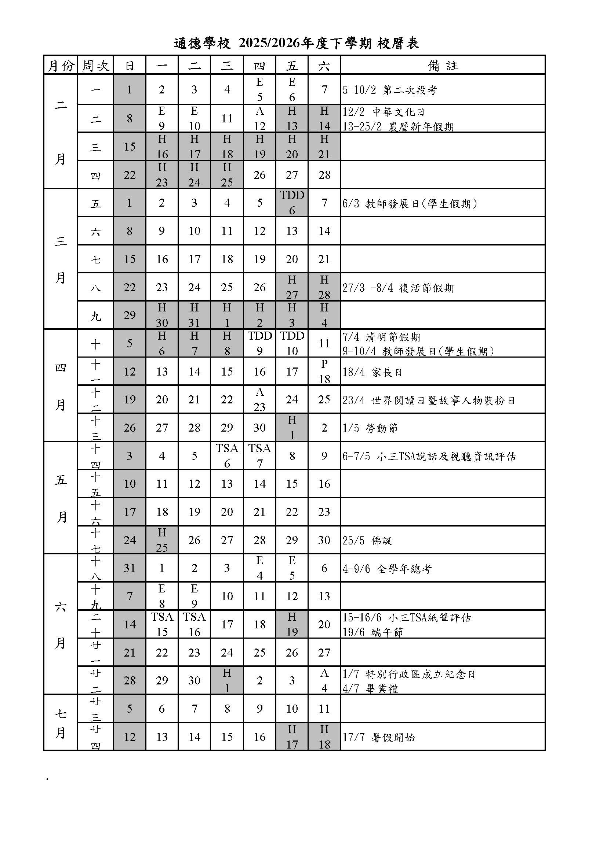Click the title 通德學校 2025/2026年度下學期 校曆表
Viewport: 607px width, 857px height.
pyautogui.click(x=296, y=44)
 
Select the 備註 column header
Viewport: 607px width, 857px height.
pyautogui.click(x=443, y=66)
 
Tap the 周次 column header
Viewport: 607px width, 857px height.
pyautogui.click(x=95, y=66)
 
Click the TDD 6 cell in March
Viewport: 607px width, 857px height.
pyautogui.click(x=292, y=203)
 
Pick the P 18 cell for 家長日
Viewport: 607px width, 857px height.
pyautogui.click(x=324, y=372)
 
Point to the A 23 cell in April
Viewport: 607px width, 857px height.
pyautogui.click(x=259, y=399)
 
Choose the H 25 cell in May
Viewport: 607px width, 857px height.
pyautogui.click(x=162, y=540)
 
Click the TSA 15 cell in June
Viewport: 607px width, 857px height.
pyautogui.click(x=162, y=624)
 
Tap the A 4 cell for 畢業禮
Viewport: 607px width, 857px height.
pyautogui.click(x=324, y=680)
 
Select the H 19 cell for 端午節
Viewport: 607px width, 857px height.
pyautogui.click(x=292, y=624)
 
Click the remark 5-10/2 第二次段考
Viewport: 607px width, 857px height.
pyautogui.click(x=389, y=90)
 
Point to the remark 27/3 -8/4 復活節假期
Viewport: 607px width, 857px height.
pyautogui.click(x=398, y=288)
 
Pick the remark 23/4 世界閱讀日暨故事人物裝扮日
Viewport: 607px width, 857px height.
pyautogui.click(x=429, y=400)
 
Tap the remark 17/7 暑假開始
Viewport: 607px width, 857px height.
pyautogui.click(x=379, y=737)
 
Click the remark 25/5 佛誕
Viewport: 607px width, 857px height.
pyautogui.click(x=367, y=540)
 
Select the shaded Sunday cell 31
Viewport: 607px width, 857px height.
pyautogui.click(x=129, y=568)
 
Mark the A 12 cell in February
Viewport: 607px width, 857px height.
pyautogui.click(x=259, y=118)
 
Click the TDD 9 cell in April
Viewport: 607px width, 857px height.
pyautogui.click(x=259, y=343)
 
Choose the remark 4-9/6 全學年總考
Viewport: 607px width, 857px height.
pyautogui.click(x=387, y=569)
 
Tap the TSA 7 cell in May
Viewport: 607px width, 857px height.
pyautogui.click(x=259, y=455)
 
